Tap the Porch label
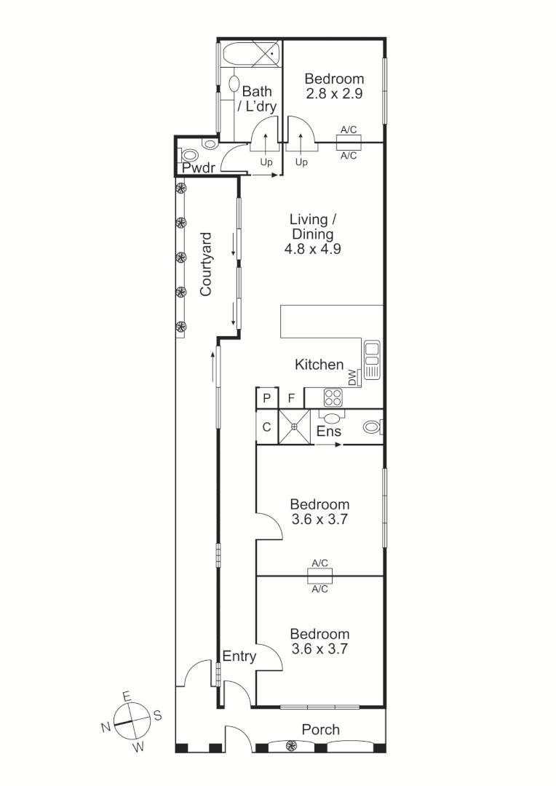321,729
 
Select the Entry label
239,656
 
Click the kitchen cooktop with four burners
333,397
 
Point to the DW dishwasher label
353,378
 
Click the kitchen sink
372,360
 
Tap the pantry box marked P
267,398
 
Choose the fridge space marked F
291,398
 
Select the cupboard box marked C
266,427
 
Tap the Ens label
327,432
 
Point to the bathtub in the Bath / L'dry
250,54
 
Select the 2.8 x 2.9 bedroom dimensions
333,94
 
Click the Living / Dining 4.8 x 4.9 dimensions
312,248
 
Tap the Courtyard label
206,264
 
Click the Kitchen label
319,365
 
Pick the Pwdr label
198,169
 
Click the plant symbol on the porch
291,745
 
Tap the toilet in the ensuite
373,428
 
